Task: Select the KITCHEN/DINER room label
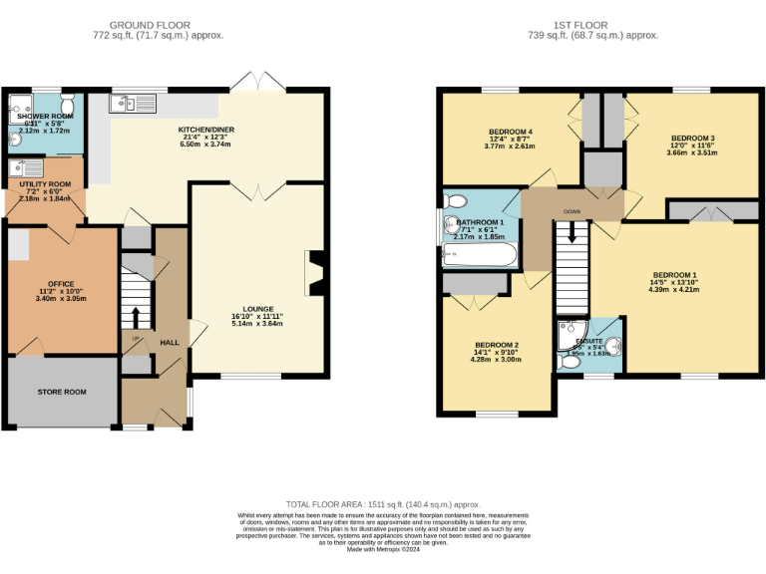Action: tap(204, 130)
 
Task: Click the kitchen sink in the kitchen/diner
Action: tap(132, 103)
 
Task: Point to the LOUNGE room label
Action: tap(257, 309)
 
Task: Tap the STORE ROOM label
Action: tap(62, 392)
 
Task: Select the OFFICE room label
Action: tap(62, 284)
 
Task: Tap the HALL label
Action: tap(170, 342)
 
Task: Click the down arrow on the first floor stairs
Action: tap(573, 232)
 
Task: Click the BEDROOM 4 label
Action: tap(510, 132)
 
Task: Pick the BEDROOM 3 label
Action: tap(691, 138)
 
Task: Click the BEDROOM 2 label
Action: tap(496, 344)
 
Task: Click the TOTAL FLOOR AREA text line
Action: tap(383, 504)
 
